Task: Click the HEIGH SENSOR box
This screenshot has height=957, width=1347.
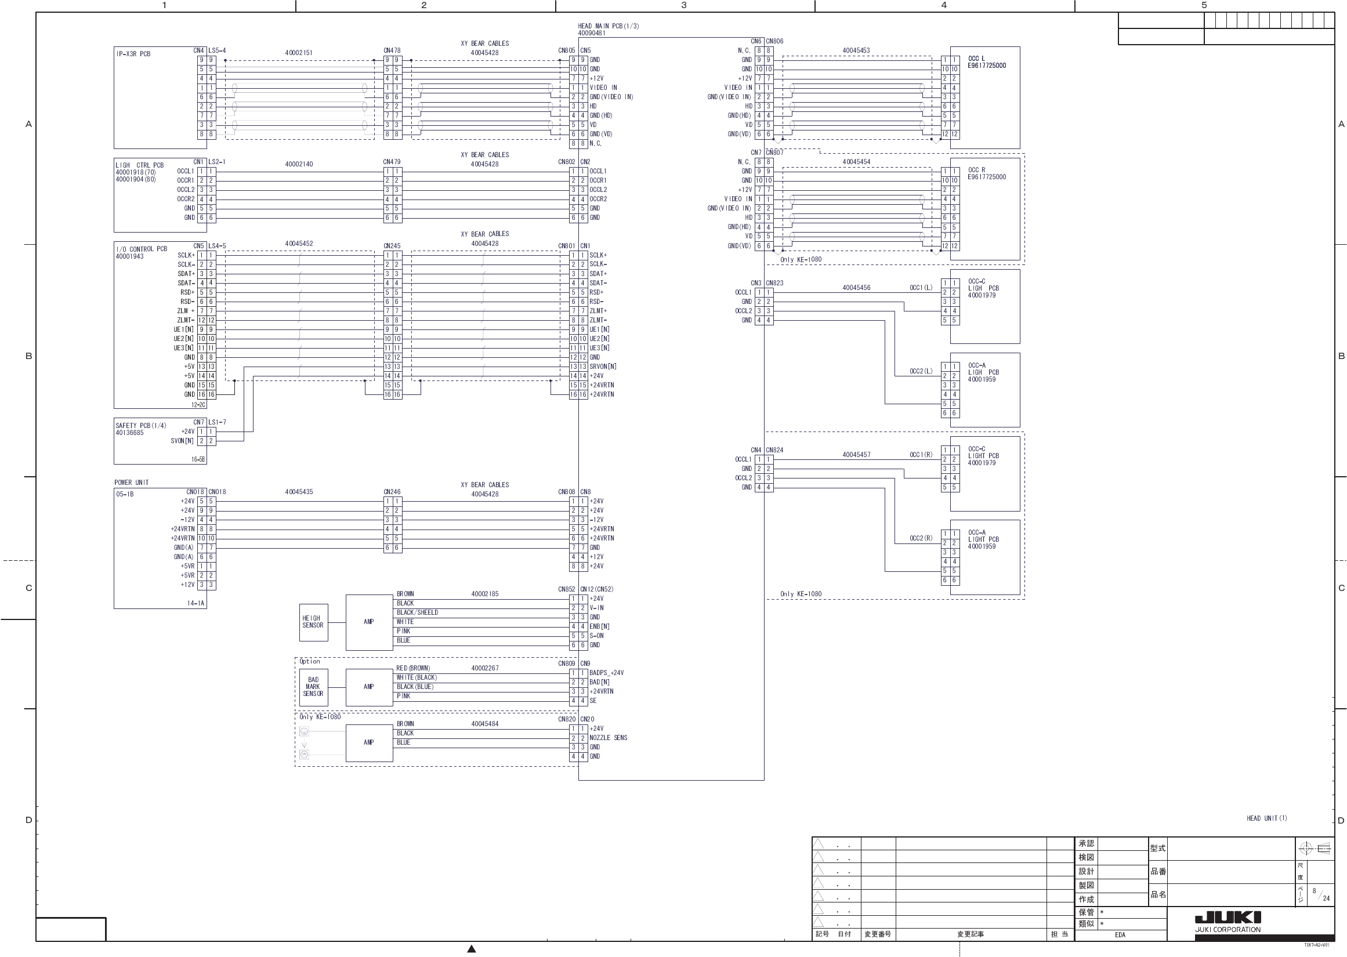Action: coord(313,622)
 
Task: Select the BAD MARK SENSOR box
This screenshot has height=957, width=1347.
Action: coord(313,687)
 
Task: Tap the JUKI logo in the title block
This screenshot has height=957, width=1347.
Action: coord(1228,918)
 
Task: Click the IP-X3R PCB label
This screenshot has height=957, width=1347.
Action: coord(133,54)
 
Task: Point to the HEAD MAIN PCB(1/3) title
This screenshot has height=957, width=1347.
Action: coord(608,26)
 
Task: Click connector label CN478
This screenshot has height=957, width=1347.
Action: coord(392,50)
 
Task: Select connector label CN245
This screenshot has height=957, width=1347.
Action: coord(392,246)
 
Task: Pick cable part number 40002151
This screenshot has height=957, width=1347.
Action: coord(299,53)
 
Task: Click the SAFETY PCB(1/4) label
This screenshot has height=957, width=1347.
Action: coord(141,426)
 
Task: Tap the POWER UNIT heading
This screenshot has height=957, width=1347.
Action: coord(132,483)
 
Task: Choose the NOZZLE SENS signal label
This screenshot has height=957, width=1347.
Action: coord(608,738)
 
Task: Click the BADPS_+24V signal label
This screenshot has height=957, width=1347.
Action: coord(606,673)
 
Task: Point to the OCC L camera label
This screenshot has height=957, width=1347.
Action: coord(976,59)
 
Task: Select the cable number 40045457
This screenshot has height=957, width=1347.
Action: coord(856,455)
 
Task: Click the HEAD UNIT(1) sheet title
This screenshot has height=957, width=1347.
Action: coord(1267,818)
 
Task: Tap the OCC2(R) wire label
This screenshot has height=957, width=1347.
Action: coord(921,539)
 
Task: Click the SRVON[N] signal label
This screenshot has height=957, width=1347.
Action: coord(603,367)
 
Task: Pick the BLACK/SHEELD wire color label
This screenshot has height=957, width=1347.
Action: coord(417,613)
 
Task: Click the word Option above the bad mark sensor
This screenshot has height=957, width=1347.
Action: coord(309,661)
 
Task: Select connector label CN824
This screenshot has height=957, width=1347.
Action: coord(775,450)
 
